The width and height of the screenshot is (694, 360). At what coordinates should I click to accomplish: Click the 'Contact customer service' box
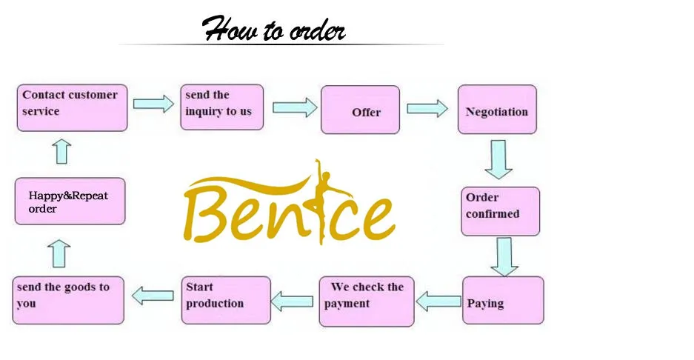72,107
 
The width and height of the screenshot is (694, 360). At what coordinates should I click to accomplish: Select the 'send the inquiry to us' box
221,107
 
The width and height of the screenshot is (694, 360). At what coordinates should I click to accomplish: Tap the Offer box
360,110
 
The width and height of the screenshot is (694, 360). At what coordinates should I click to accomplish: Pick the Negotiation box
497,110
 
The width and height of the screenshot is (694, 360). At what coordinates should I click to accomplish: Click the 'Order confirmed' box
500,211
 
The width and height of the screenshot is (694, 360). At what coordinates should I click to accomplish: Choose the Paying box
503,300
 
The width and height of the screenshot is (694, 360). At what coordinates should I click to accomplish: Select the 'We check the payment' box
367,301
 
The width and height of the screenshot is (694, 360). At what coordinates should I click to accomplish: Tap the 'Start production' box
226,300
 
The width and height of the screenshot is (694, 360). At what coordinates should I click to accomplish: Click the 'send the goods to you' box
68,300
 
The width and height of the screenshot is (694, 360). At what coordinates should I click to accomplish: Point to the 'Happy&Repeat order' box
70,201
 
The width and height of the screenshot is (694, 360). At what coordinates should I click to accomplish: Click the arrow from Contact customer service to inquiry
153,104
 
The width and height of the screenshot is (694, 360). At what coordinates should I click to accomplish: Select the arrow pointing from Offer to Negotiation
427,108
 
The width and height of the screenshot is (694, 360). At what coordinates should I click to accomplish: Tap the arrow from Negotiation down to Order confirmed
498,159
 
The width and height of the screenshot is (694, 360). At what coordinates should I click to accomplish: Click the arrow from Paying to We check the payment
438,301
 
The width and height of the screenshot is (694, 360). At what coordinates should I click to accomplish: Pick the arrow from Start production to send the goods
153,296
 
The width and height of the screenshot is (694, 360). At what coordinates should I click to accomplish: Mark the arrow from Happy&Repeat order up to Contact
61,151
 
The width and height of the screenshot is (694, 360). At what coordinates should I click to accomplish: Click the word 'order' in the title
317,31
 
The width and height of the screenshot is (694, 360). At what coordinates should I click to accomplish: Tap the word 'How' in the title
230,28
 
